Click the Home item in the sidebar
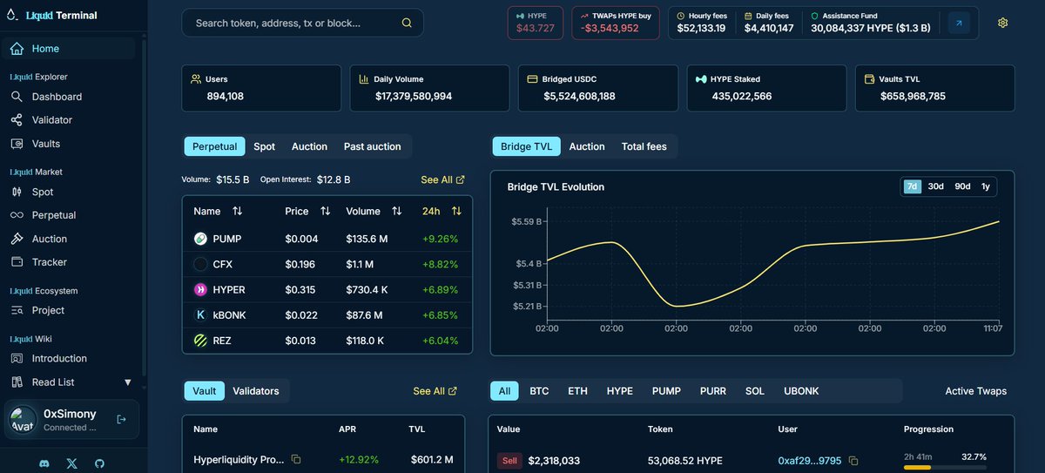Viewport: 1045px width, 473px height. click(45, 49)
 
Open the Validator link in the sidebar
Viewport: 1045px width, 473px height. click(52, 120)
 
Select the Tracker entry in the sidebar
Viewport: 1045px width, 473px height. click(49, 262)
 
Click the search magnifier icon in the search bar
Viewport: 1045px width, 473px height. click(407, 24)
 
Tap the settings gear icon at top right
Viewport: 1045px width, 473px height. click(1003, 23)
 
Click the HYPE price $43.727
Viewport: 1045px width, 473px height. click(535, 28)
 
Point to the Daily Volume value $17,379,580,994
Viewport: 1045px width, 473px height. click(414, 96)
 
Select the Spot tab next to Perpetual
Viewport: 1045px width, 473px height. click(264, 146)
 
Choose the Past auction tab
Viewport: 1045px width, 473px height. click(372, 146)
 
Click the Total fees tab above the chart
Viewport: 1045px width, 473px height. click(644, 146)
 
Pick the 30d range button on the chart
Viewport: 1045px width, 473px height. click(936, 186)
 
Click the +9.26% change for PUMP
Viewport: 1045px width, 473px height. click(440, 239)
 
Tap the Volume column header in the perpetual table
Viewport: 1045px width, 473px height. click(363, 211)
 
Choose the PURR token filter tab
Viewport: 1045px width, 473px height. click(712, 391)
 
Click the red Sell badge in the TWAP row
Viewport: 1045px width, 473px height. click(509, 461)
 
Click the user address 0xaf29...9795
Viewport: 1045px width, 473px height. click(809, 461)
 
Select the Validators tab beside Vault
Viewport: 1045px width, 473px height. click(256, 391)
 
